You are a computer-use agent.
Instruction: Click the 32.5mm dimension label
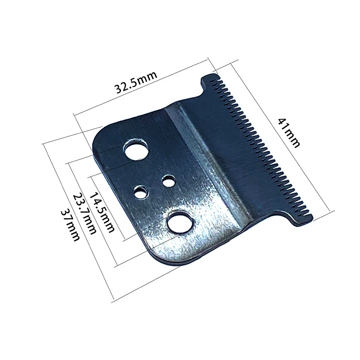(x=135, y=82)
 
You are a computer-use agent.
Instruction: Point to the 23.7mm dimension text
(x=85, y=213)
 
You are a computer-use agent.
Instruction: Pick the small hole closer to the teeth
(x=169, y=182)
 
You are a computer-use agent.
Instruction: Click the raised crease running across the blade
(x=205, y=157)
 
